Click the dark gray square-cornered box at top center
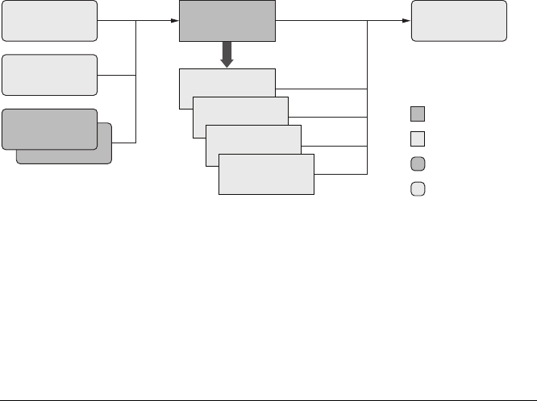coord(227,21)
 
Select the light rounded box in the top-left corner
coord(50,21)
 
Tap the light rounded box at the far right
coord(460,21)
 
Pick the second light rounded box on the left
coord(50,75)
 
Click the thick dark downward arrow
coord(227,55)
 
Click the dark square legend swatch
coord(417,113)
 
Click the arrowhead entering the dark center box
coord(173,22)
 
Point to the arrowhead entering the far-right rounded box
coord(407,22)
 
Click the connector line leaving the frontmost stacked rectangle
coord(340,173)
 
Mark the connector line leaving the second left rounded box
coord(117,75)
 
